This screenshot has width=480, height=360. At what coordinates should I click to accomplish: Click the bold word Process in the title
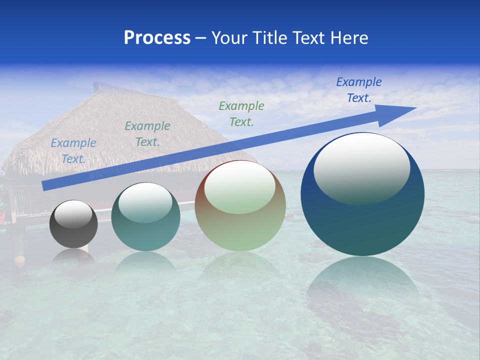click(x=157, y=38)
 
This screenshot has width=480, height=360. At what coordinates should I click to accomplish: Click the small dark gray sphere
click(x=73, y=235)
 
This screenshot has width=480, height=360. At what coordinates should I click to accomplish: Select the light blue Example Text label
click(x=73, y=150)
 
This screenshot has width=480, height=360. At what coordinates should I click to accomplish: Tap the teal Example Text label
click(x=147, y=133)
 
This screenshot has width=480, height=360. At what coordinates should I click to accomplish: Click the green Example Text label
click(x=241, y=113)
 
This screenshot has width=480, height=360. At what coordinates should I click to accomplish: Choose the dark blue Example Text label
click(x=359, y=89)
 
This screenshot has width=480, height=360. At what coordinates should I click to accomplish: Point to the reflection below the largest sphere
click(x=362, y=280)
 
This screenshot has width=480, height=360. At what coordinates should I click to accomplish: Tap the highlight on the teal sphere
click(x=145, y=202)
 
